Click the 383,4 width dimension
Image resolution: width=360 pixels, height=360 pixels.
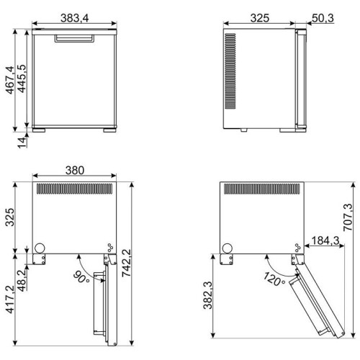[74, 18]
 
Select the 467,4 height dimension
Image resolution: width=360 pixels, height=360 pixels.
[10, 80]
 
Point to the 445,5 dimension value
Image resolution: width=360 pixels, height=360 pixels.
[22, 78]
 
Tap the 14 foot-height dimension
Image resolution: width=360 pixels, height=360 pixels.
[22, 143]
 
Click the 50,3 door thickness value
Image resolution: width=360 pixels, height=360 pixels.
[323, 18]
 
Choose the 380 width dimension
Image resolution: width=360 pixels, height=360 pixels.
[75, 171]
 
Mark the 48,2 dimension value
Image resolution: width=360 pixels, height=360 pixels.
[22, 280]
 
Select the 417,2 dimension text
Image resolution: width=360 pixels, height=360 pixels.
[10, 300]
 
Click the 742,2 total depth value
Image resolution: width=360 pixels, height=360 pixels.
[126, 264]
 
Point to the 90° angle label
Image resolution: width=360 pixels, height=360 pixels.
[81, 276]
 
